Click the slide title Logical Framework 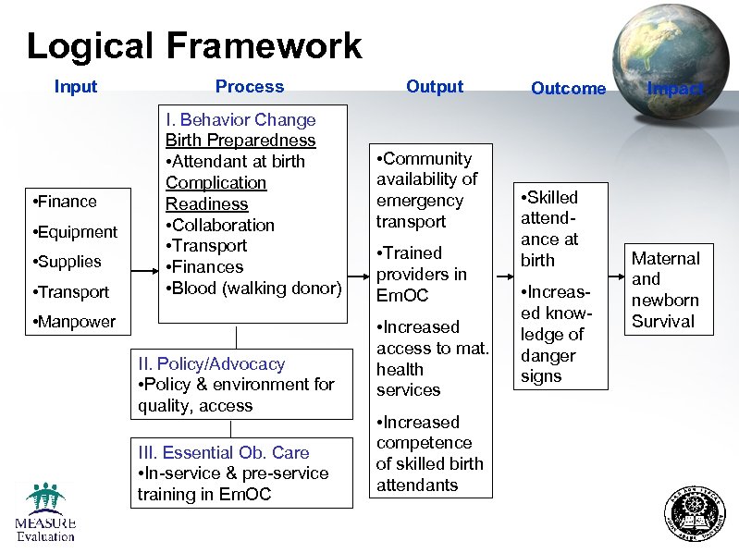tap(194, 45)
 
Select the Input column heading tap(76, 87)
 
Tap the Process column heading tap(250, 87)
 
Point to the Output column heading tap(435, 87)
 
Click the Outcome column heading tap(568, 89)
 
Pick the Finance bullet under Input tap(64, 202)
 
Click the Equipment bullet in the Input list tap(74, 232)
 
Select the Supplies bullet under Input tap(66, 262)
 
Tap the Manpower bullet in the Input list tap(73, 322)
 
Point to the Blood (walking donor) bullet tap(253, 289)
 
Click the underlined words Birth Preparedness tap(240, 141)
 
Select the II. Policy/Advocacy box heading tap(211, 364)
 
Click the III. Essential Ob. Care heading tap(223, 452)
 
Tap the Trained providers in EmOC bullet tap(421, 274)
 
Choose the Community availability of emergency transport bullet tap(425, 190)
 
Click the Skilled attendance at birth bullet tap(551, 228)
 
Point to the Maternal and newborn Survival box tap(665, 289)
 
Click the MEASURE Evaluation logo tap(44, 512)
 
